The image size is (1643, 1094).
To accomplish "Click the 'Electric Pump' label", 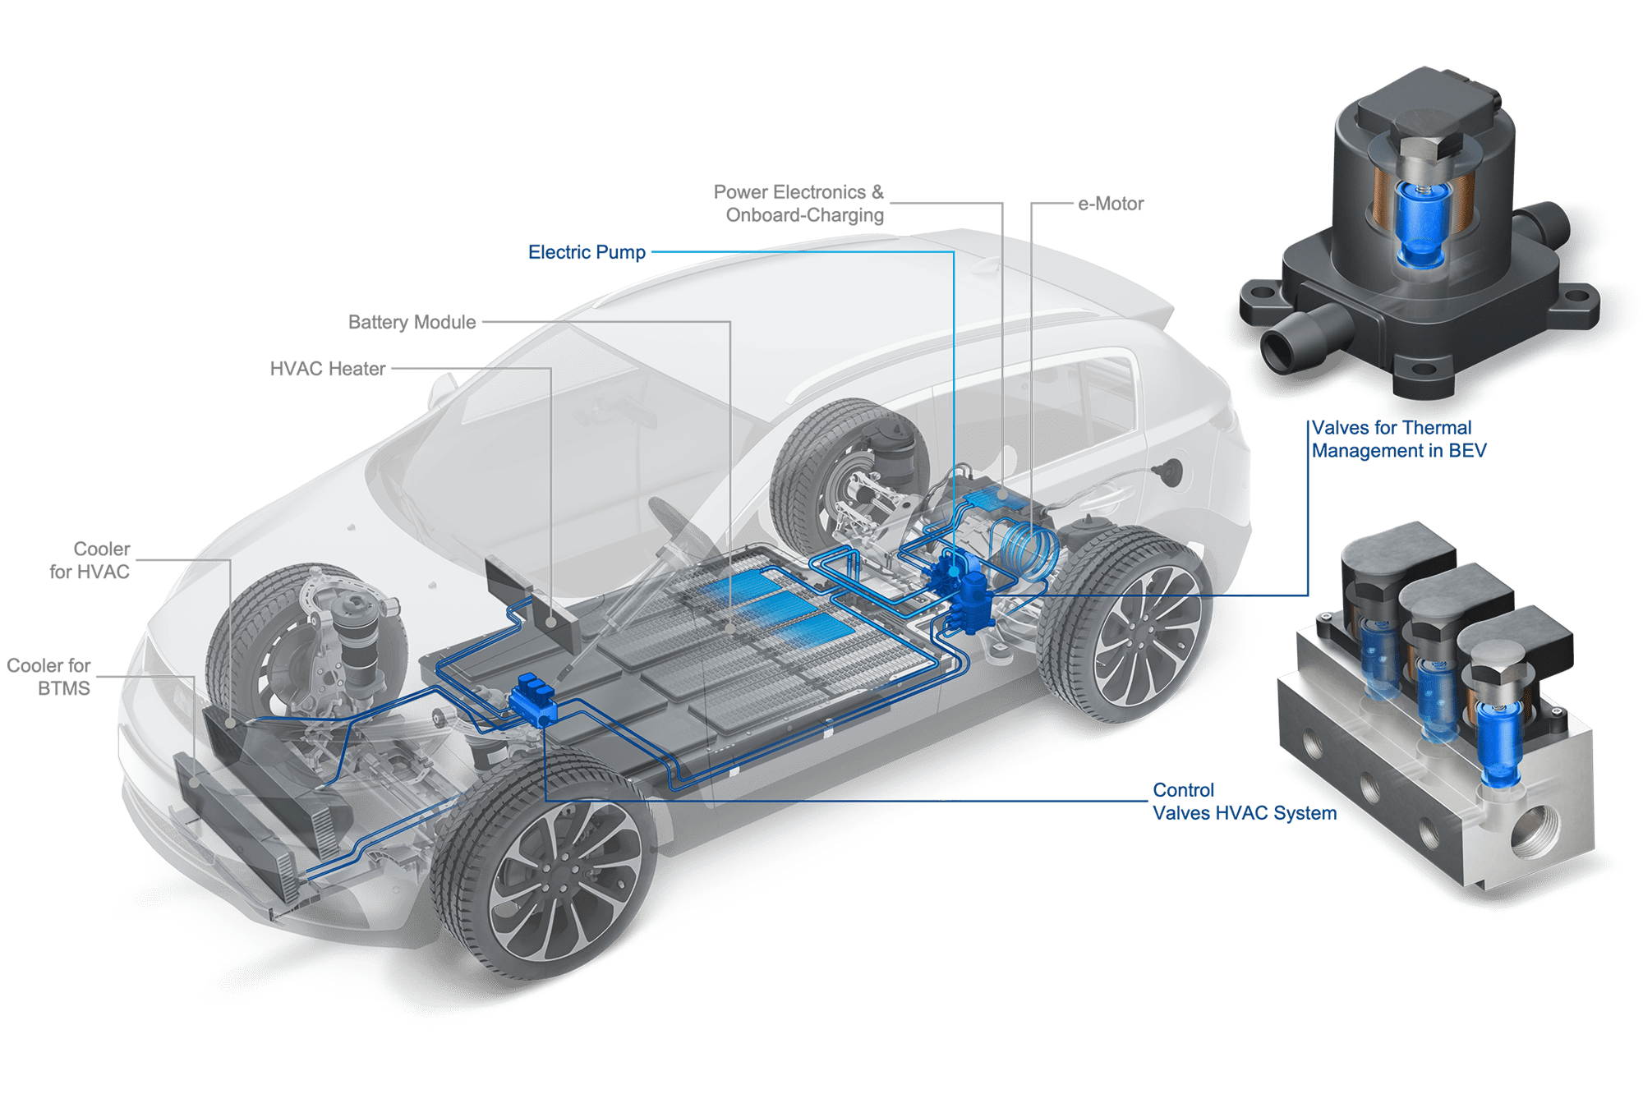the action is pyautogui.click(x=587, y=252).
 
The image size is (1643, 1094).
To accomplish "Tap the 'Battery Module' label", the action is pyautogui.click(x=412, y=322).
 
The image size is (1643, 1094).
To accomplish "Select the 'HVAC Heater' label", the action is pyautogui.click(x=328, y=369).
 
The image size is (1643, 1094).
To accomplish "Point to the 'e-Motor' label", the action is pyautogui.click(x=1111, y=204).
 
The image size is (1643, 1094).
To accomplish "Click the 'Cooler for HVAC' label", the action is pyautogui.click(x=90, y=560).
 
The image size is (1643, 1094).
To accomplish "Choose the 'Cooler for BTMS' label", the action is pyautogui.click(x=48, y=677).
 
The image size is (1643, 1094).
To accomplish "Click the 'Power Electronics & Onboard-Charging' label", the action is pyautogui.click(x=798, y=204).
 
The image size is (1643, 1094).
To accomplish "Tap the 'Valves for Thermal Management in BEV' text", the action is pyautogui.click(x=1399, y=439).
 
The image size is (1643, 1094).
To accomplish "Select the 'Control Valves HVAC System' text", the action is pyautogui.click(x=1245, y=802).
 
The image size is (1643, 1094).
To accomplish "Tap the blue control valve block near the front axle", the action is pyautogui.click(x=532, y=700).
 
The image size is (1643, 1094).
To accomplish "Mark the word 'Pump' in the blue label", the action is pyautogui.click(x=621, y=253).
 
